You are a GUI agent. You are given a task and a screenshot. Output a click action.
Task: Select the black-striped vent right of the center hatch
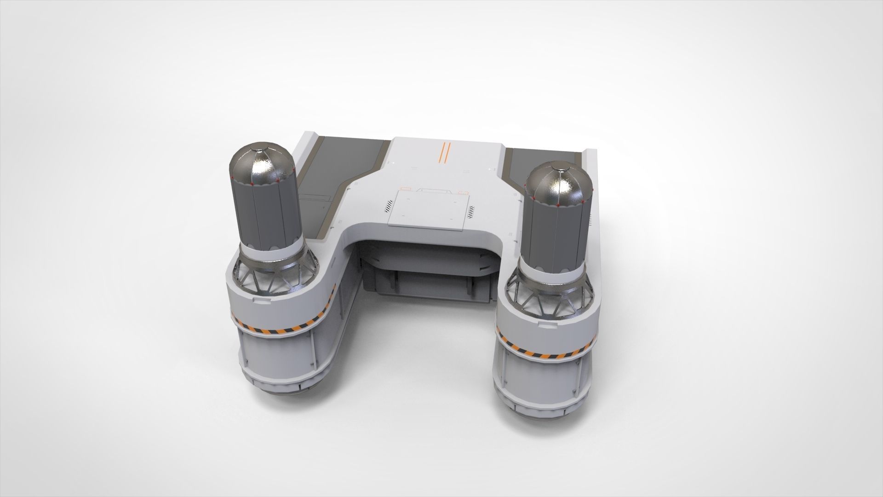click(x=471, y=212)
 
